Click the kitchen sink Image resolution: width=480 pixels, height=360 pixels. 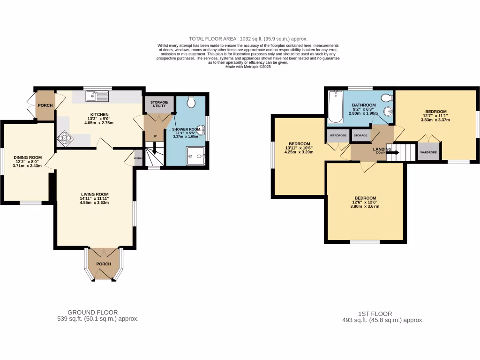97,96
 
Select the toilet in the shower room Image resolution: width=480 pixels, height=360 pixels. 191,102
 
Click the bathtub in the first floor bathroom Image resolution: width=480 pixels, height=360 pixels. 335,107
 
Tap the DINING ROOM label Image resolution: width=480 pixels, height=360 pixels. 28,157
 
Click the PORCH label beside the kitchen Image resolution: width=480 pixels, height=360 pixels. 45,105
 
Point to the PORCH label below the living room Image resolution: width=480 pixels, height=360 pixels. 104,264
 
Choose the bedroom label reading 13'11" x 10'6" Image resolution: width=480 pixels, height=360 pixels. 300,143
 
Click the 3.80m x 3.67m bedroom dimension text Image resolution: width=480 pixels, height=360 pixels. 365,206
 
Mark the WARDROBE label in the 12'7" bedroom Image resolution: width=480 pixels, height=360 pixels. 428,152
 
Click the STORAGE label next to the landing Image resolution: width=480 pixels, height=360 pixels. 361,135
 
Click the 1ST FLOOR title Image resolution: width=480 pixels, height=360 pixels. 381,314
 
